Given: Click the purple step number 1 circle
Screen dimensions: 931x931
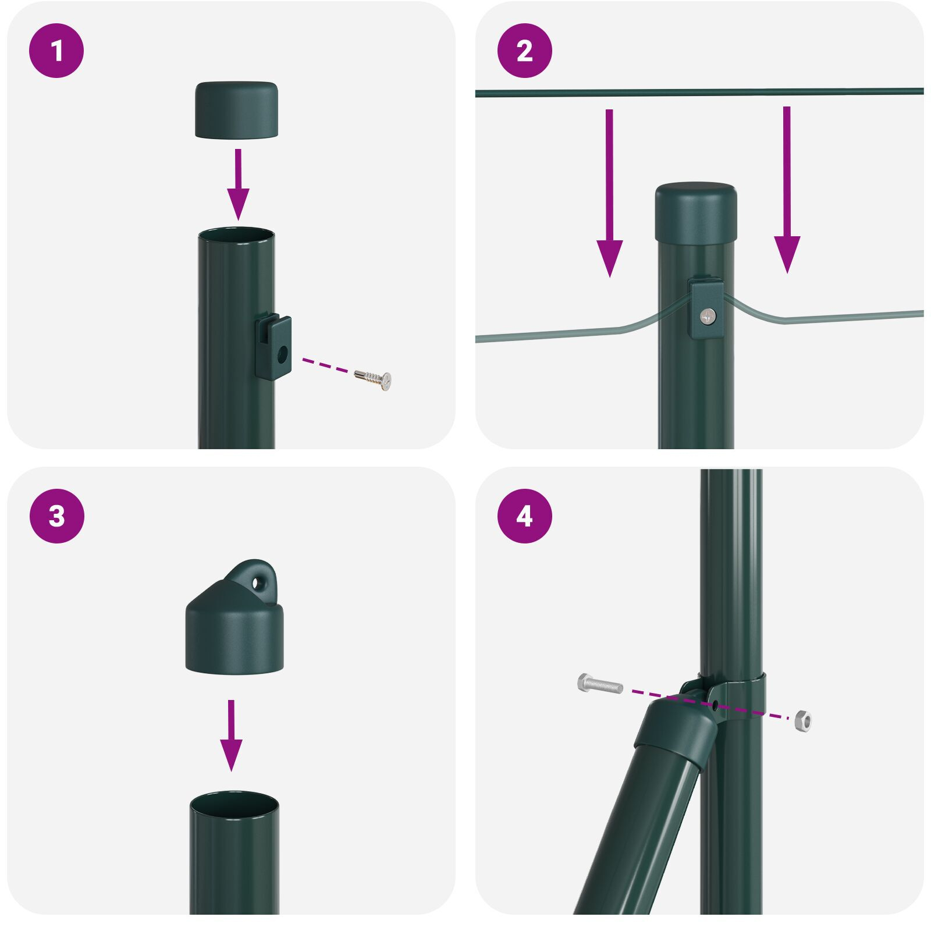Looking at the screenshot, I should coord(56,51).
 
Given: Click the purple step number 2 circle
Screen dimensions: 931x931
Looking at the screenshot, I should coord(524,51).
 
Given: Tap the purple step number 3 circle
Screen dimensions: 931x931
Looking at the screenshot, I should coord(56,516).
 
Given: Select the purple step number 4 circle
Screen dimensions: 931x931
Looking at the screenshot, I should coord(524,516).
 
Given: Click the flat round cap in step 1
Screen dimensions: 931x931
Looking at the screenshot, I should coord(236,109).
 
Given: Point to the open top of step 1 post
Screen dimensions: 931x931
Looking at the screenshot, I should coord(236,236).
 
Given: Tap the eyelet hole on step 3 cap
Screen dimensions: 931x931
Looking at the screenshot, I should coord(257,581).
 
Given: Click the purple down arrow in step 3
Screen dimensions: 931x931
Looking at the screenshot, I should coord(231,735).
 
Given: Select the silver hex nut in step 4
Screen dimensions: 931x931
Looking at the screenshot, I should coord(803,720).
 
